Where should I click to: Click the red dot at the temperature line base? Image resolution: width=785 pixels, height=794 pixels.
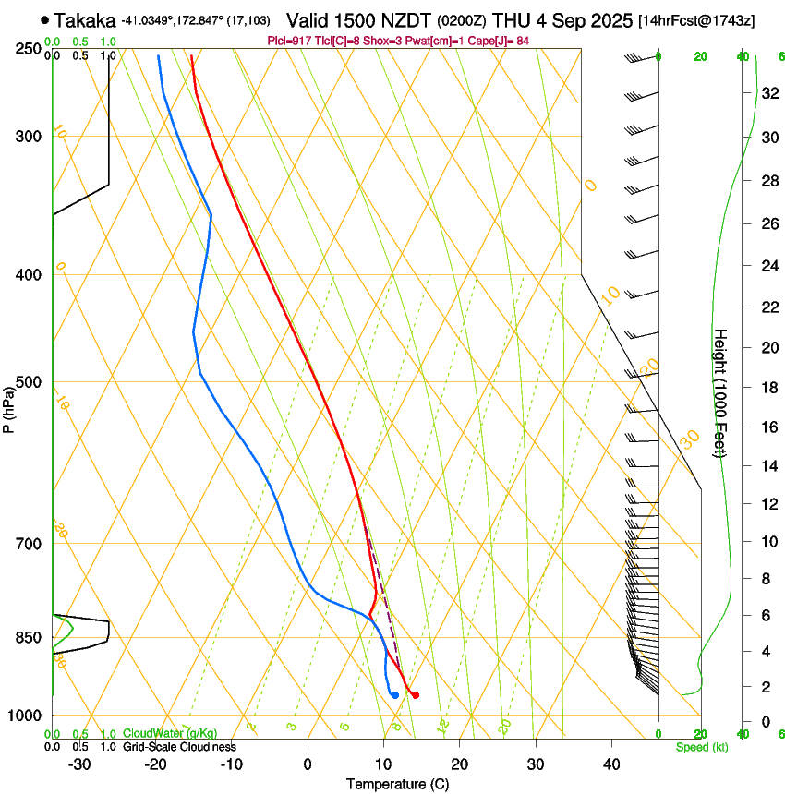(416, 695)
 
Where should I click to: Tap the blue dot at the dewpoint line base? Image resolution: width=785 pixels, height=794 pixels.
(395, 695)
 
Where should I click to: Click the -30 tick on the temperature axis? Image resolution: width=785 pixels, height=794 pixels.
(79, 764)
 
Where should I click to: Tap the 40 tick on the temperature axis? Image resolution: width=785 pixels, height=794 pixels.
(611, 764)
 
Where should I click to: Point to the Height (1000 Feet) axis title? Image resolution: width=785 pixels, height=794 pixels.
(721, 392)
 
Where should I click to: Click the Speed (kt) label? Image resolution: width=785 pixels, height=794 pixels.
(701, 747)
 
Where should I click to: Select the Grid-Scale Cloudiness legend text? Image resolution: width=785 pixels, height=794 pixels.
(179, 747)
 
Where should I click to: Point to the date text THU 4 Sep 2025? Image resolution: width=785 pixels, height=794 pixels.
(563, 19)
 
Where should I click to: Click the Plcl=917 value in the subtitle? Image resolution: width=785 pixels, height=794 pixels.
(289, 41)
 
